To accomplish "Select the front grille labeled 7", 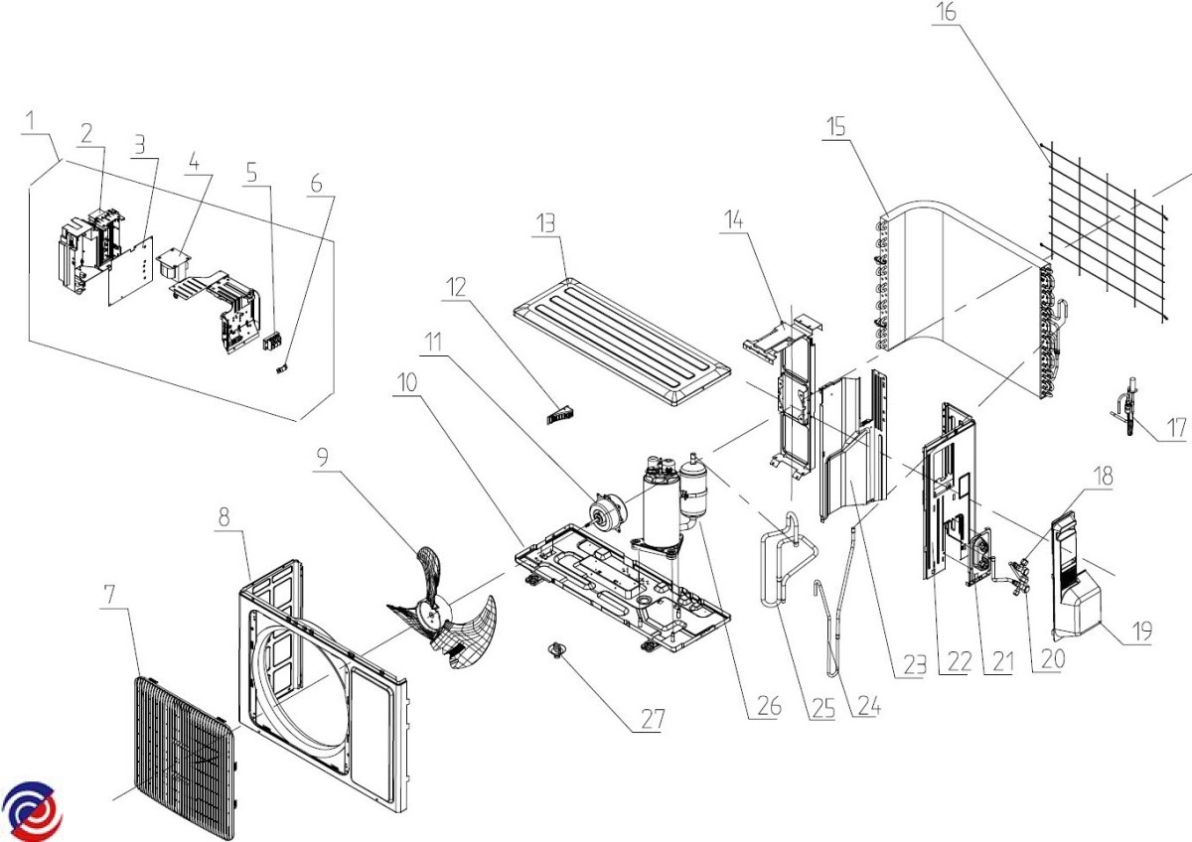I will click(185, 745).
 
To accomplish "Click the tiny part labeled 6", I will click(281, 366).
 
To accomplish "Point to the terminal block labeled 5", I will click(270, 344).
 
